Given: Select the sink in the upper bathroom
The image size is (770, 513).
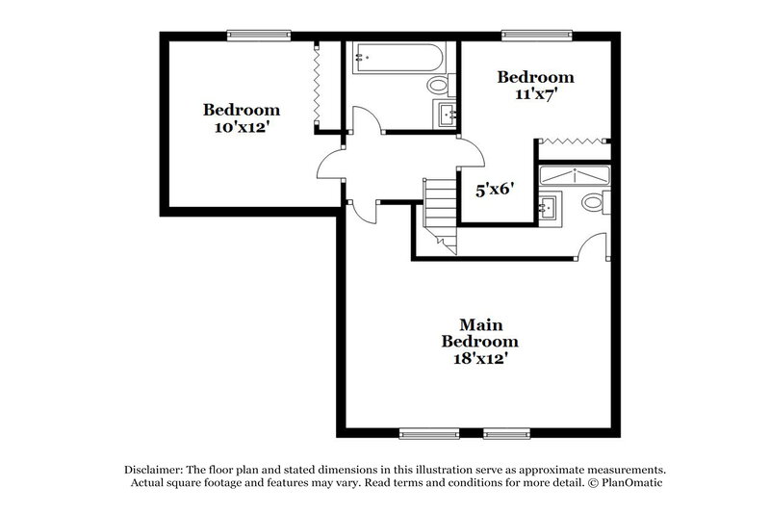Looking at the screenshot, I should [447, 115].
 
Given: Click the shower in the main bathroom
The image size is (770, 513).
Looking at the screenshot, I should [574, 175].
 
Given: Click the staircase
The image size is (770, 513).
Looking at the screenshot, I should [439, 217].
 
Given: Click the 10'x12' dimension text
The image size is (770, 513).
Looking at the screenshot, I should [241, 126].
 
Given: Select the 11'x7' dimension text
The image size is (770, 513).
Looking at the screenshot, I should [535, 94].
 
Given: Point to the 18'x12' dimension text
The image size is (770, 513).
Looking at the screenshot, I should [480, 359].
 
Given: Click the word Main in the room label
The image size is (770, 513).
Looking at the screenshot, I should [480, 324].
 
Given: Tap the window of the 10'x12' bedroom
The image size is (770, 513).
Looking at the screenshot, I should [257, 36].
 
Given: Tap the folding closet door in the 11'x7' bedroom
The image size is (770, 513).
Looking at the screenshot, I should [574, 142].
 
